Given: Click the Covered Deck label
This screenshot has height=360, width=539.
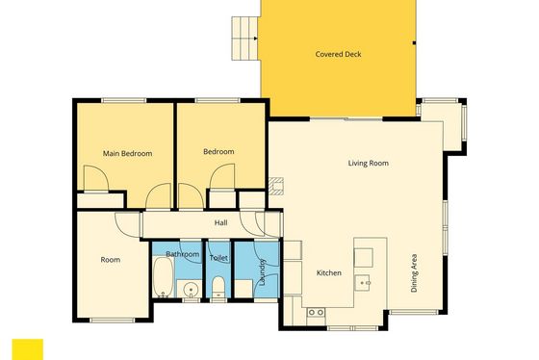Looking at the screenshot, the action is [338, 54].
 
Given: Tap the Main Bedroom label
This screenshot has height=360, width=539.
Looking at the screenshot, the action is [127, 153].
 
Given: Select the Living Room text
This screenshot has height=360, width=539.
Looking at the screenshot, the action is [368, 163].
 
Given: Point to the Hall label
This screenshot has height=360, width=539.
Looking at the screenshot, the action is [220, 222].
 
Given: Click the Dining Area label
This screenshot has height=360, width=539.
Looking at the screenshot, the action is [414, 273].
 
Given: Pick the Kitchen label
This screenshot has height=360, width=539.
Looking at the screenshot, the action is [329, 273].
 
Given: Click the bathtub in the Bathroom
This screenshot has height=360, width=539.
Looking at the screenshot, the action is [163, 277].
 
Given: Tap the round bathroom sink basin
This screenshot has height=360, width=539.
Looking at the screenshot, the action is [191, 290].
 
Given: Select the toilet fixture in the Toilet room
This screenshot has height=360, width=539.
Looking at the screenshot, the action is [218, 287].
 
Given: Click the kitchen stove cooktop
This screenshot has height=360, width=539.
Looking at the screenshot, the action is [316, 312].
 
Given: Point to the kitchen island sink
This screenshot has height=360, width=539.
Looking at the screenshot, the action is [363, 283].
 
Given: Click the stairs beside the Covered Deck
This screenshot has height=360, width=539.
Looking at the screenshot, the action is [244, 39].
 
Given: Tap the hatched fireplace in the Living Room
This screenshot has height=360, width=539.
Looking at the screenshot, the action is [276, 186].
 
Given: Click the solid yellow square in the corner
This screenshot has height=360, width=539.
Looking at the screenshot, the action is [28, 349].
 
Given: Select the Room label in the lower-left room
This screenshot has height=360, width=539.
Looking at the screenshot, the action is [111, 260].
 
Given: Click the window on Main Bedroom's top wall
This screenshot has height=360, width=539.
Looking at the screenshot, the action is [124, 100].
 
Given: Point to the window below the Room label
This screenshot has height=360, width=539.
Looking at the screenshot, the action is [113, 321].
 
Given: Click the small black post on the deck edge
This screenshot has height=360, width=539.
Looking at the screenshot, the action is [414, 43].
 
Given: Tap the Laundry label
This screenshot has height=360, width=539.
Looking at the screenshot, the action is [263, 272].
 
